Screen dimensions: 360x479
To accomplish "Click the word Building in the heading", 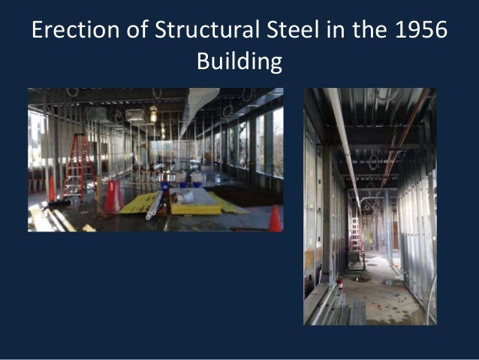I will pos(239,62).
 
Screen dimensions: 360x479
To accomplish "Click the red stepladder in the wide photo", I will pos(77,166).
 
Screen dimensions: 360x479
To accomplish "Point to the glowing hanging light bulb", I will pos(153,116).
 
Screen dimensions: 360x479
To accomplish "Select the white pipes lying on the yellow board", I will pos(156,204).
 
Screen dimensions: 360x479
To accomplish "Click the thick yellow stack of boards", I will pos(194,204).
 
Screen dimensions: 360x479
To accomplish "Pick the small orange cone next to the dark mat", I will pos(275,219).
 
